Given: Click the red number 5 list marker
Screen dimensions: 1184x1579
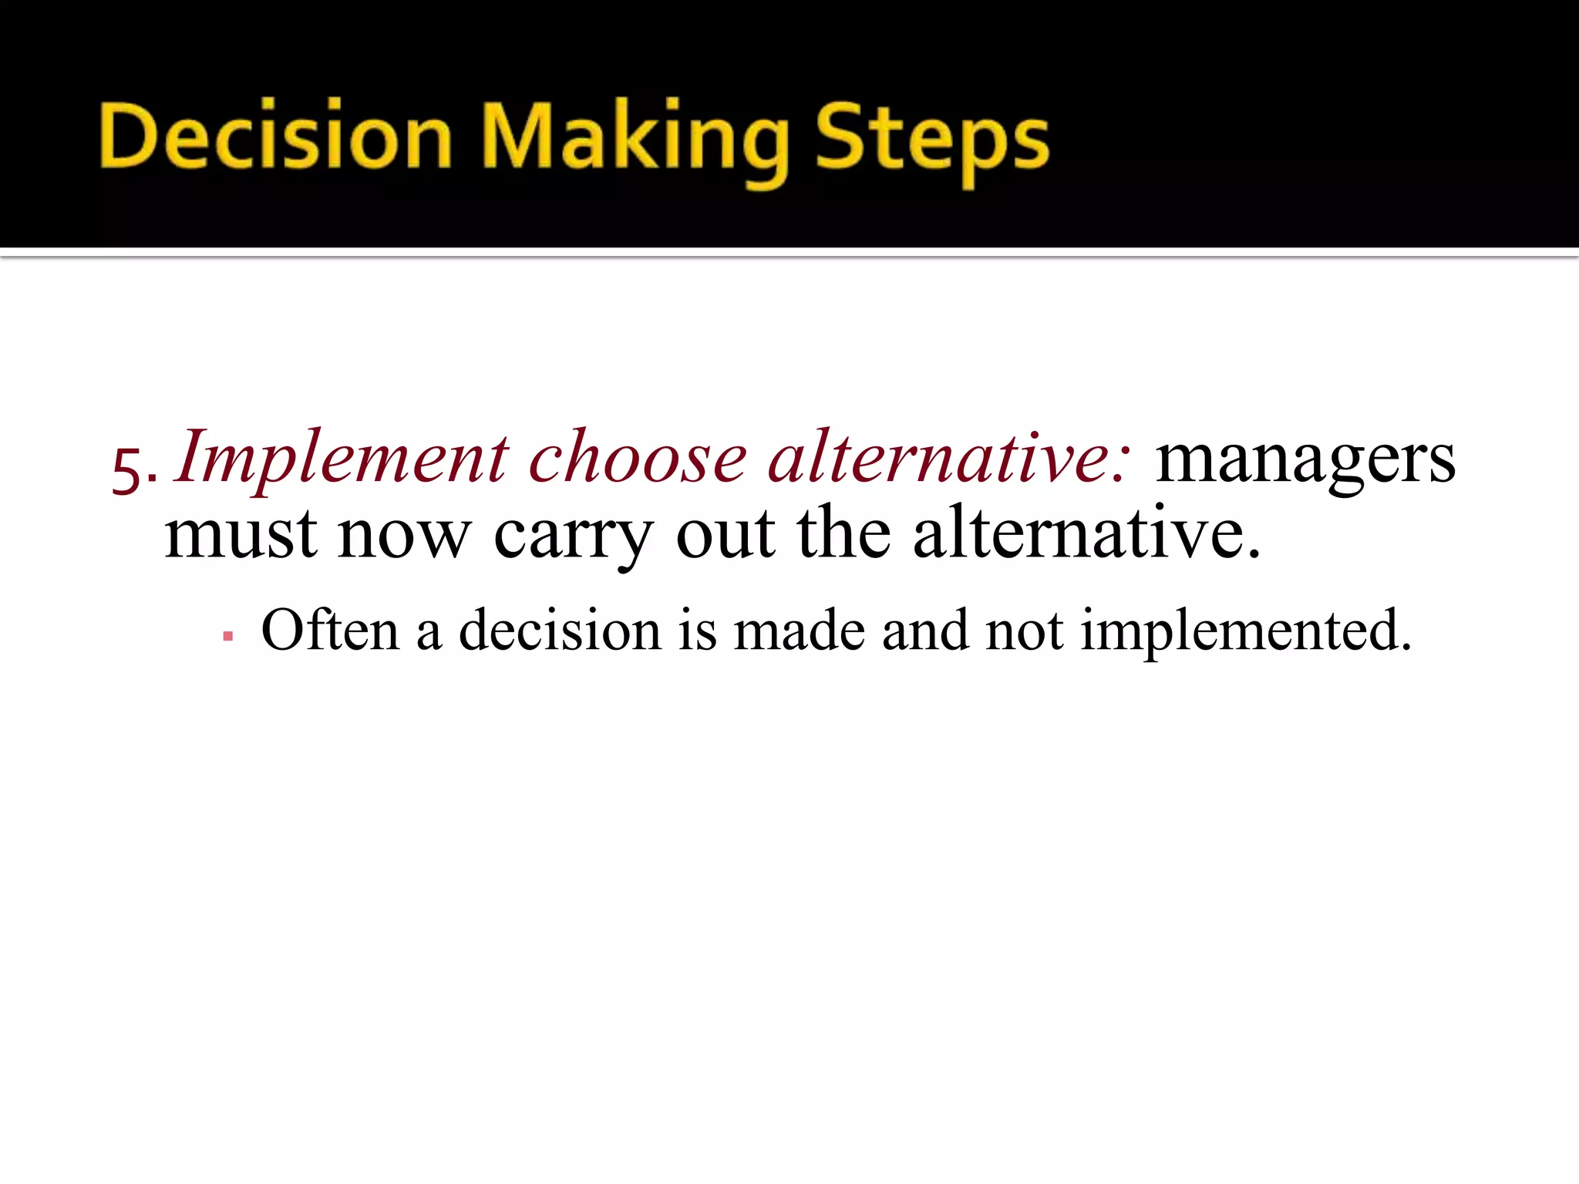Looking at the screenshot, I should coord(128,468).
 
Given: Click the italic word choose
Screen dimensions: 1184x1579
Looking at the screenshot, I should coord(638,459).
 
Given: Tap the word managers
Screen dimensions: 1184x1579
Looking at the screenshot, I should coord(1305,460).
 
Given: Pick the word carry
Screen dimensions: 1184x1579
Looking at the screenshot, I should coord(574,537).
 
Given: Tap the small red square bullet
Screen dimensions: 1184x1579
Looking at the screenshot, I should coord(227,637).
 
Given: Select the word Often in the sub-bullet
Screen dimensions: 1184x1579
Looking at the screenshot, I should coord(331,630).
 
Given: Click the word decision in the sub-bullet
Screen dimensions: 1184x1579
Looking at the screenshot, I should coord(561,630).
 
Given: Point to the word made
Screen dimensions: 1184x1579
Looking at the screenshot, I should coord(799,630).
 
